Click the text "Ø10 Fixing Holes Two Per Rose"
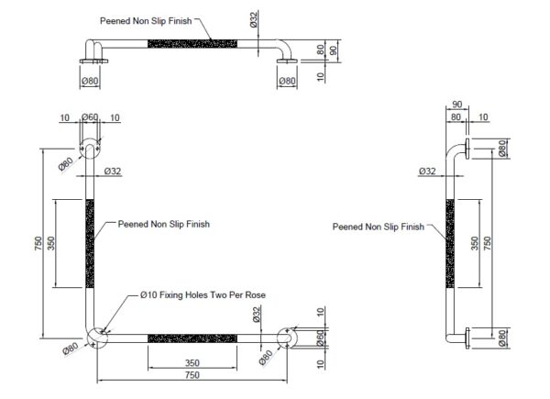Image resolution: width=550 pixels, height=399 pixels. click(x=203, y=295)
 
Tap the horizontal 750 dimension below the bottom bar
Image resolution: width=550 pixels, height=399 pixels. click(x=192, y=375)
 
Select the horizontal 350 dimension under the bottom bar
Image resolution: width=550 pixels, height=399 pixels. click(x=192, y=363)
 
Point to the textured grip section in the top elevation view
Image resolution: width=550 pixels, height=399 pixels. click(x=192, y=44)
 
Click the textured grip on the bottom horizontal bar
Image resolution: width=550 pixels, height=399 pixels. click(x=192, y=338)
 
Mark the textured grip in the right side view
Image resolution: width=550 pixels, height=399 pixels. click(x=450, y=244)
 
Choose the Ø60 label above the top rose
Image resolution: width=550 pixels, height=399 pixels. click(x=90, y=117)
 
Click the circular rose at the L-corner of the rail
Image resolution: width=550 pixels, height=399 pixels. click(x=97, y=338)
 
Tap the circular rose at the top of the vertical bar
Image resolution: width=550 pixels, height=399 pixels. click(x=90, y=148)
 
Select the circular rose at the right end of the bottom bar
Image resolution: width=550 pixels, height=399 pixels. click(x=287, y=338)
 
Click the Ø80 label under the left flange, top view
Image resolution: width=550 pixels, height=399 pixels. click(x=90, y=81)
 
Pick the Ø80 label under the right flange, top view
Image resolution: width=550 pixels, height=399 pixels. click(x=287, y=81)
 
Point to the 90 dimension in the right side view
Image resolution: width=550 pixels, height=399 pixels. click(x=457, y=105)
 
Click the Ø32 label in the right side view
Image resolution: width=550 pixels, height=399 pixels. click(x=427, y=172)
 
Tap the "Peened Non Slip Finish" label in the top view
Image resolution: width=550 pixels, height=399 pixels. click(x=146, y=21)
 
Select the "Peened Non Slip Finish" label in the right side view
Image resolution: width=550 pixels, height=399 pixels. click(x=379, y=227)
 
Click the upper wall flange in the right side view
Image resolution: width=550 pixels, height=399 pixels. click(x=467, y=149)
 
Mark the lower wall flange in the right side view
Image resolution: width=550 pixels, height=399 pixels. click(x=467, y=338)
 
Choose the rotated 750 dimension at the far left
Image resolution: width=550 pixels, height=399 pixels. click(x=38, y=244)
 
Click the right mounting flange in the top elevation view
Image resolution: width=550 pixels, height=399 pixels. click(x=287, y=61)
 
